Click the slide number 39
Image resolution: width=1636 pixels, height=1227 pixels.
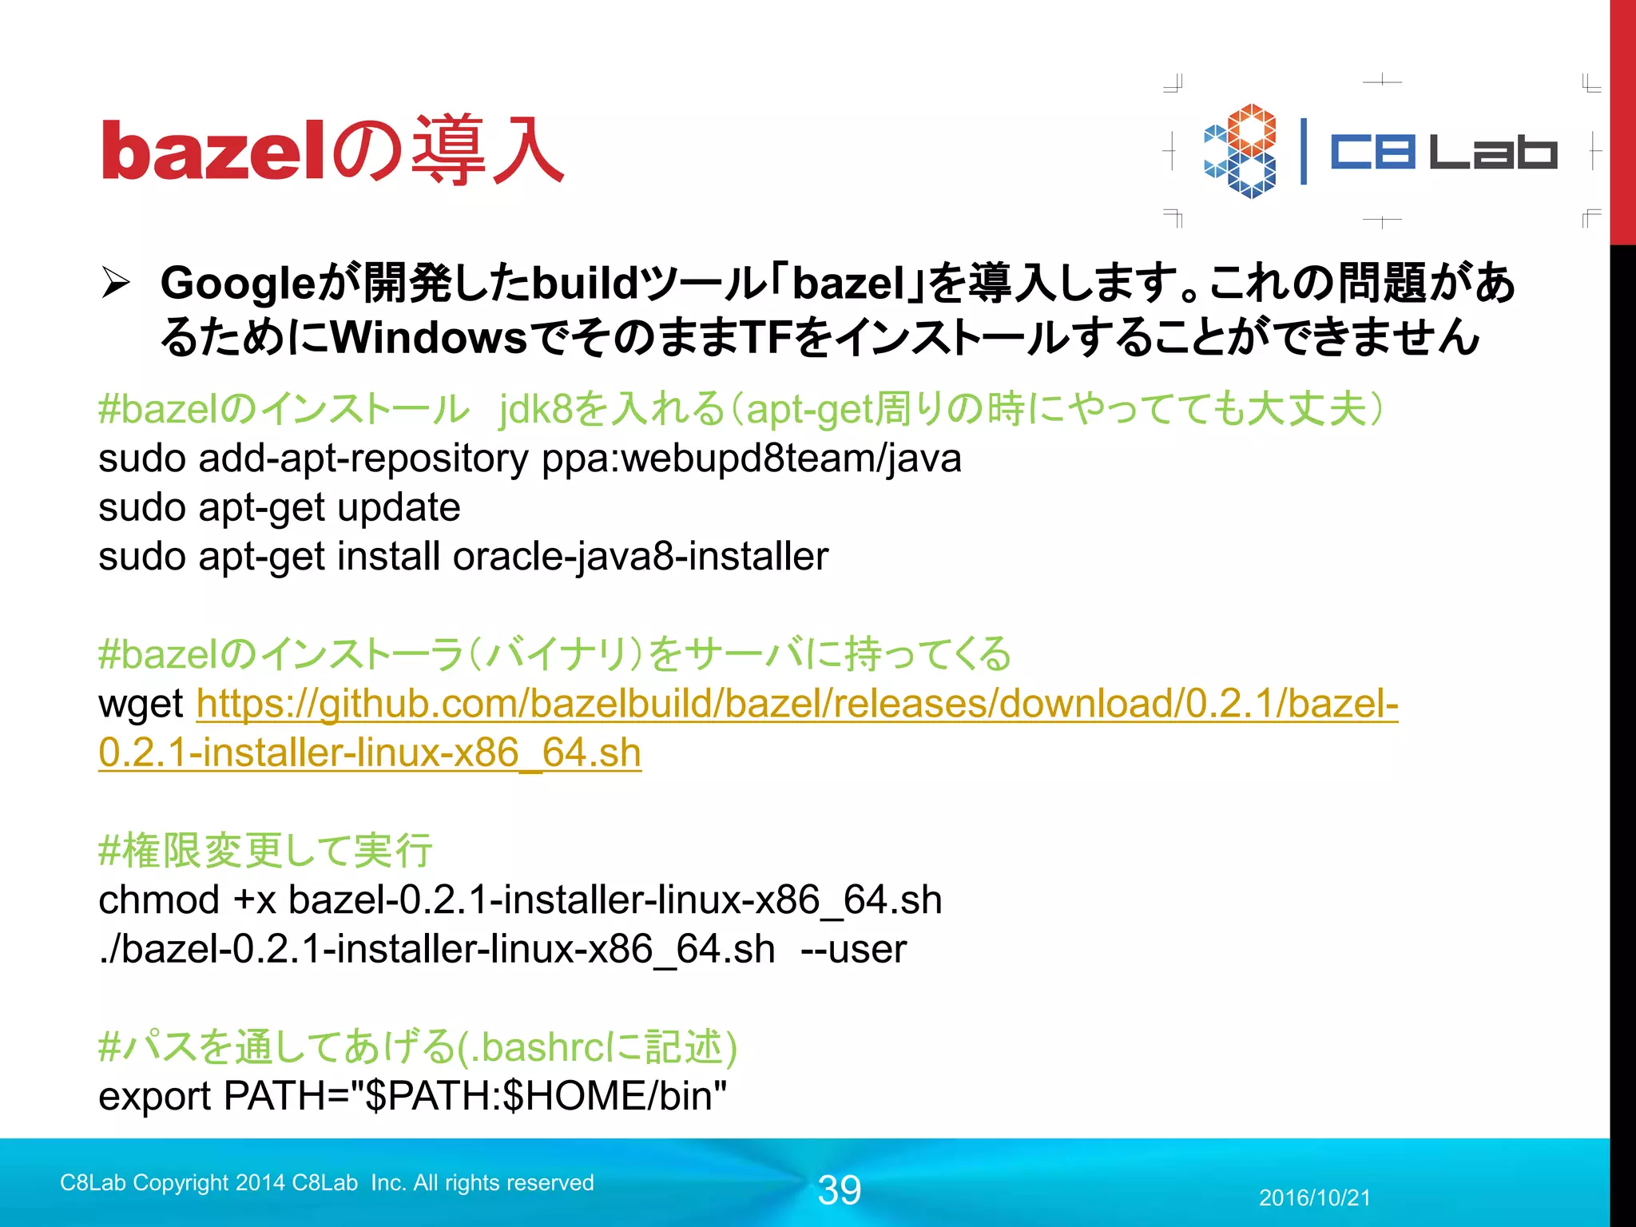click(x=839, y=1190)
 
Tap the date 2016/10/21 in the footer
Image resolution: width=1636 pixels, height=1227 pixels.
click(x=1314, y=1197)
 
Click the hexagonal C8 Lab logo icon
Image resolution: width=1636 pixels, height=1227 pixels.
click(x=1240, y=151)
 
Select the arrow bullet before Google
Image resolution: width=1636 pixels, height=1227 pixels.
click(x=116, y=284)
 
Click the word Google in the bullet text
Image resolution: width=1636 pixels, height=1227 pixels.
click(x=239, y=284)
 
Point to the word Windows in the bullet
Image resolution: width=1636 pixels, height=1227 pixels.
click(x=429, y=338)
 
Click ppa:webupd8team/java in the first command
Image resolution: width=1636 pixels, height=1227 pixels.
click(x=751, y=459)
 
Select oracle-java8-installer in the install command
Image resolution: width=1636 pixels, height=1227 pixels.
click(x=640, y=557)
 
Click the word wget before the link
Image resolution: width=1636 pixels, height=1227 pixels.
click(x=141, y=705)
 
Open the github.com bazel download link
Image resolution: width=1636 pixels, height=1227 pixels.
click(x=796, y=705)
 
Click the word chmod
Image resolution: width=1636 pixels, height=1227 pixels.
click(x=159, y=900)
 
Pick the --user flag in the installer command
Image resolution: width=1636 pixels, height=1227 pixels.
click(x=853, y=950)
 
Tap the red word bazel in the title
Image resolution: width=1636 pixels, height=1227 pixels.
click(x=212, y=152)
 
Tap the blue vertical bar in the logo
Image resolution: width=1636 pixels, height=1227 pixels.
click(x=1304, y=151)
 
